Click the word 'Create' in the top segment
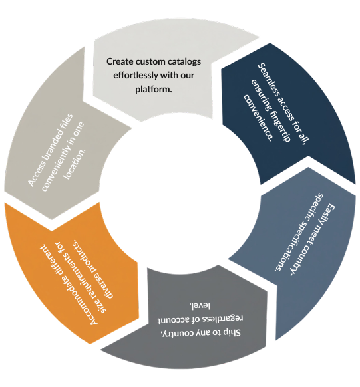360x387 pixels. (x=118, y=61)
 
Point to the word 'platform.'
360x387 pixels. (x=153, y=89)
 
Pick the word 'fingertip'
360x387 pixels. (x=277, y=125)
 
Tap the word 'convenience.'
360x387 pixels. (x=258, y=118)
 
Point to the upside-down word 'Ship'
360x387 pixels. (x=231, y=333)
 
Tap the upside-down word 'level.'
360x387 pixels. (x=200, y=305)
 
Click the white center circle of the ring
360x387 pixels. (x=180, y=193)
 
